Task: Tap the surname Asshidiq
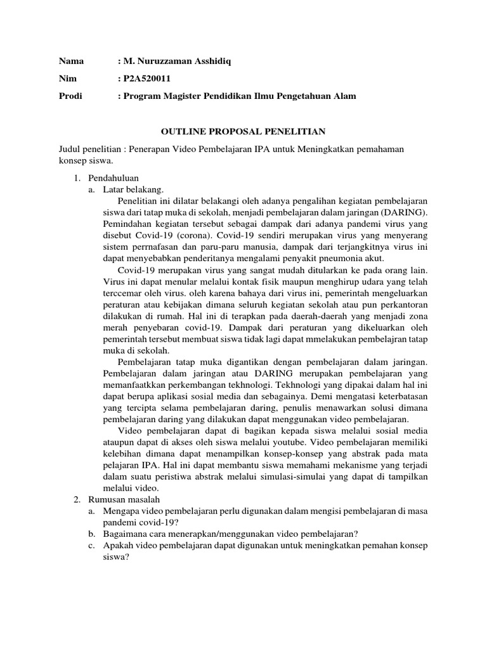point(210,61)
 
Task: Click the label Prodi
point(71,96)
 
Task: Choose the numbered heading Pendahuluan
point(114,177)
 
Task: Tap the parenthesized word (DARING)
point(403,212)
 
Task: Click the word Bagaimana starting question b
point(126,534)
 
